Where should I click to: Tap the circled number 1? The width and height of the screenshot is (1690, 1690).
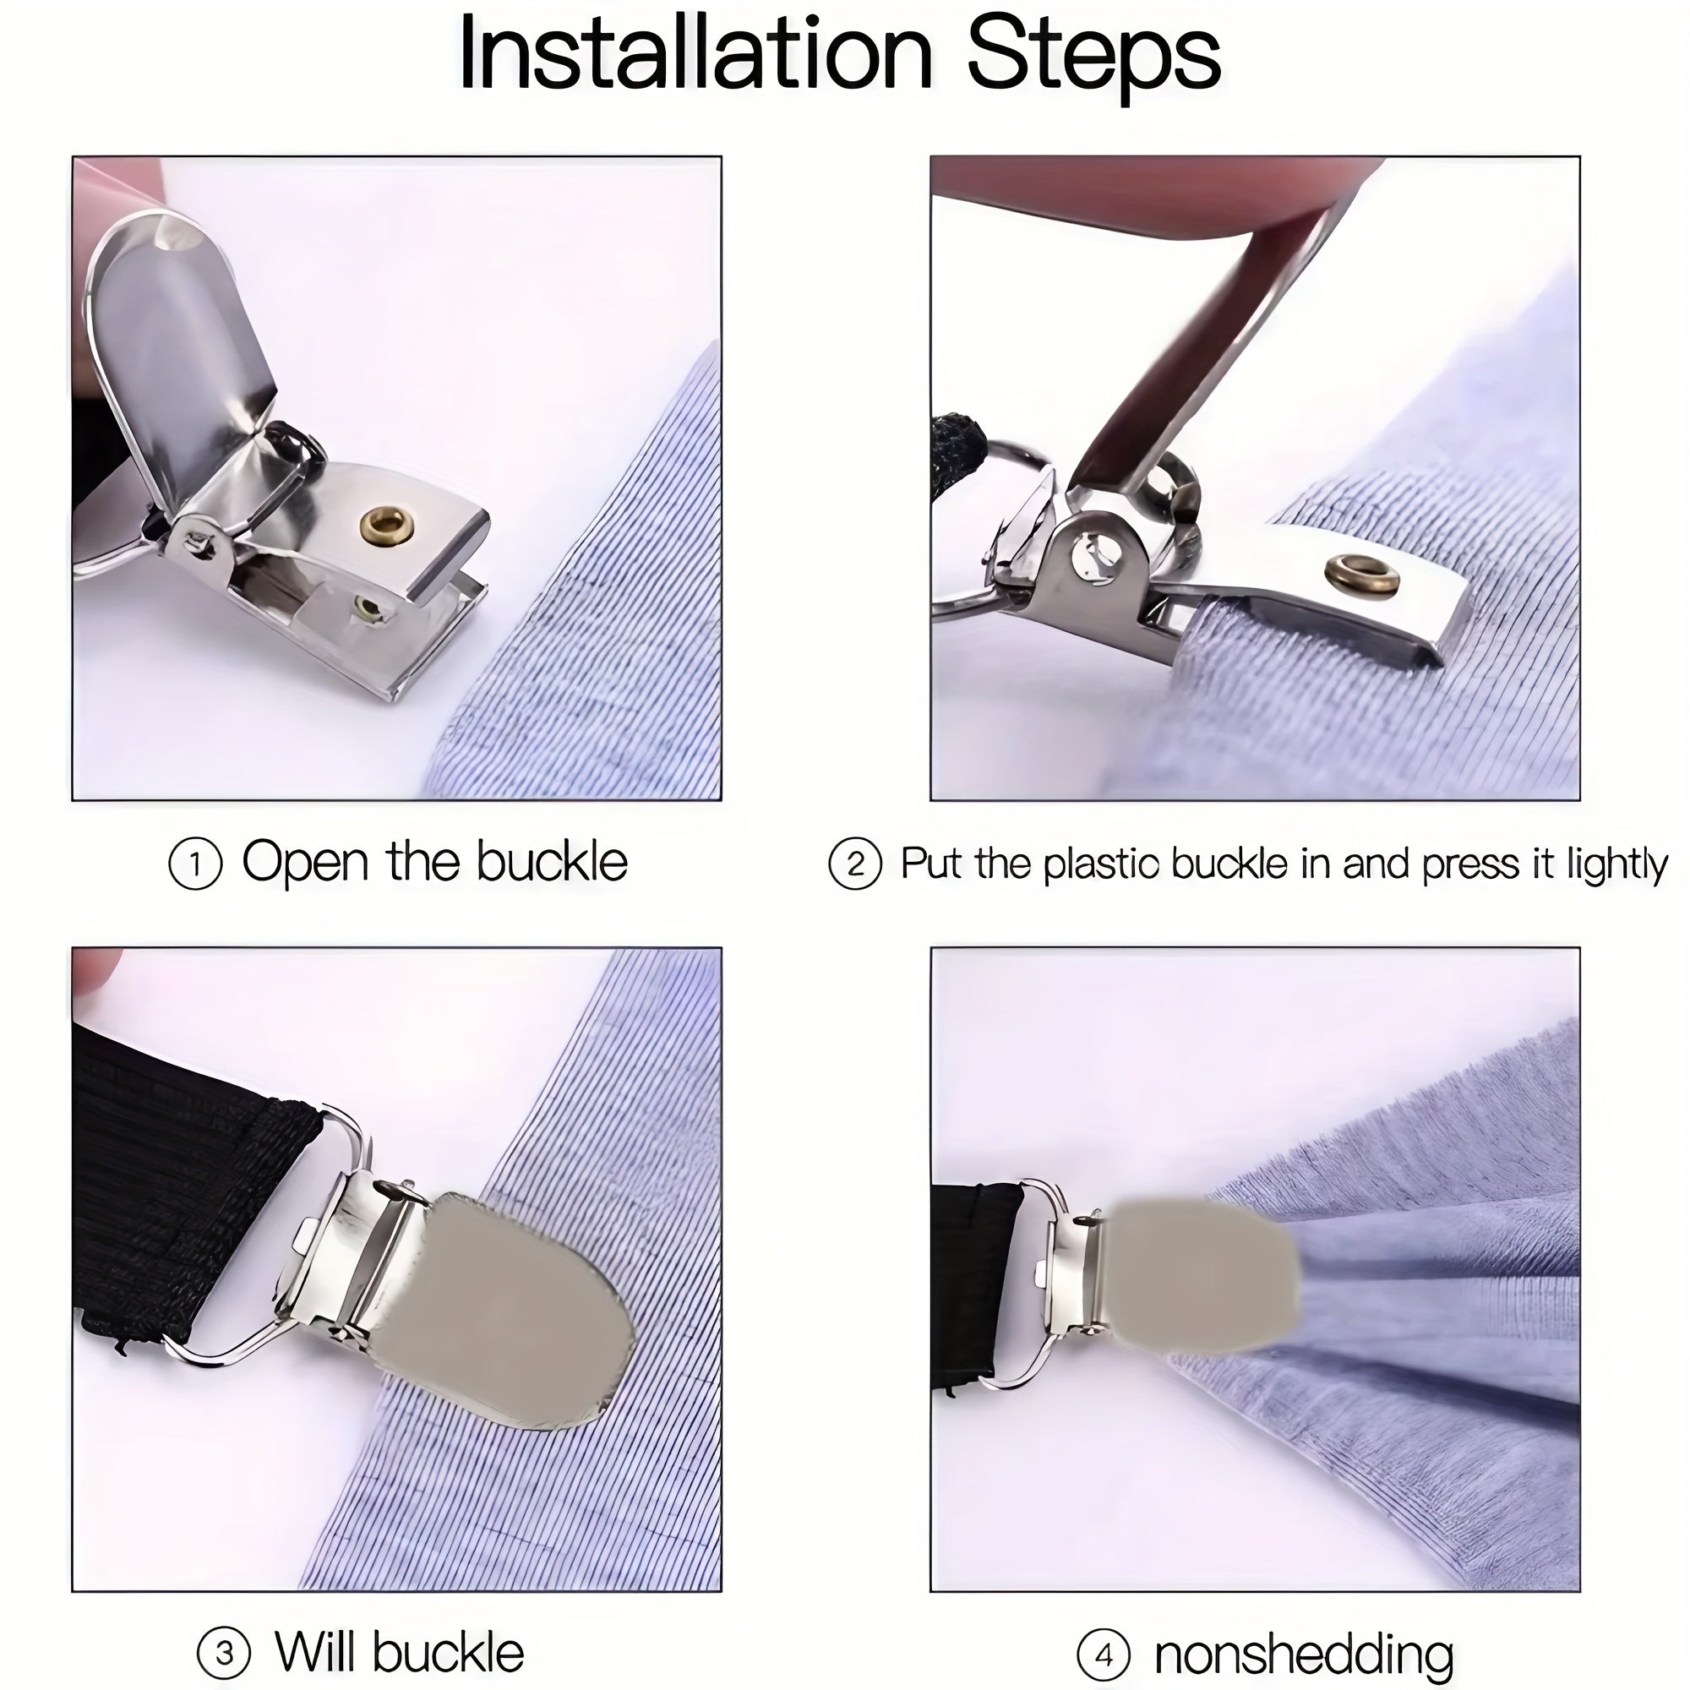194,864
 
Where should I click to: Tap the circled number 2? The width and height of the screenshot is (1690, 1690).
854,864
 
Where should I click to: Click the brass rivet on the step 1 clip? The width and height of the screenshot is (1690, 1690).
387,526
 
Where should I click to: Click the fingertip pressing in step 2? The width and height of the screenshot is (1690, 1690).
1137,183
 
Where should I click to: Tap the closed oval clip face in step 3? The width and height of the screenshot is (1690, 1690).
507,1312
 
